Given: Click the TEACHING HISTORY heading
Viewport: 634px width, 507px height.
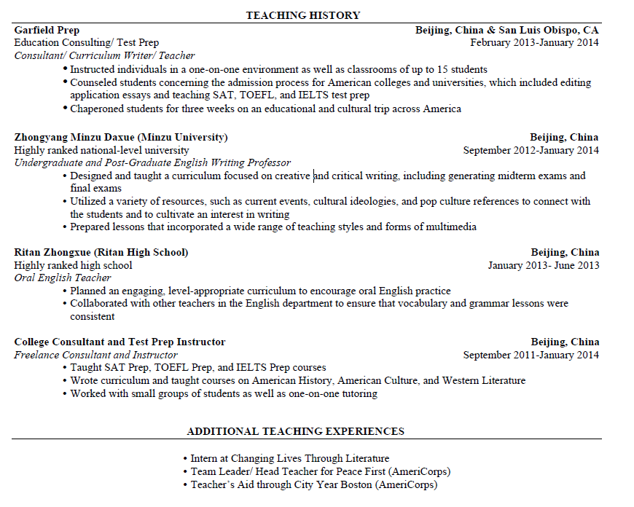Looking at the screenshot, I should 302,15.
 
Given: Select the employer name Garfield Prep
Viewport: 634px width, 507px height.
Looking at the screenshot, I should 47,30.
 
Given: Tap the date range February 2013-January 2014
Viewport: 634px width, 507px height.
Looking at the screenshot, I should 534,42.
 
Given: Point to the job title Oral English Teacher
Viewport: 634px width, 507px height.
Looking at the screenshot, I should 63,278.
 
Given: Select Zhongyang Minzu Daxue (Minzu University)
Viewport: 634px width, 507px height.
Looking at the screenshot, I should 121,137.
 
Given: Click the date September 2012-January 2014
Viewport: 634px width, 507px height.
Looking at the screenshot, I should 531,150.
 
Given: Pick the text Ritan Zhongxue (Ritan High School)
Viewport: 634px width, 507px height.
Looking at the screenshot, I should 101,252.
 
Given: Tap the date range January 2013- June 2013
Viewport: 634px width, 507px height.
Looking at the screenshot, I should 543,265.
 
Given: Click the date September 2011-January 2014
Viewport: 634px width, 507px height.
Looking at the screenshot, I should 531,355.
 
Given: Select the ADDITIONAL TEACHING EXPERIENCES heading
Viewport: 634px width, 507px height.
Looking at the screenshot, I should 295,431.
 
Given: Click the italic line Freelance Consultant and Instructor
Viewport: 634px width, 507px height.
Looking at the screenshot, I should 95,355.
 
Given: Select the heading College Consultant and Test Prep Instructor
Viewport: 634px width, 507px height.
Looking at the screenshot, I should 120,342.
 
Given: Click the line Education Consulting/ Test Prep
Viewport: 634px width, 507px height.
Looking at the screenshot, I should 86,42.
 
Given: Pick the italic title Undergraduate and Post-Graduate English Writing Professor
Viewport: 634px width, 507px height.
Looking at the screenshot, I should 152,162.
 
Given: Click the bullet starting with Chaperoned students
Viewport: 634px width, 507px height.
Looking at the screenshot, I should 265,109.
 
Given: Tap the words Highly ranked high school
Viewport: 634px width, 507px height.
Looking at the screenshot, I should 73,265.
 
